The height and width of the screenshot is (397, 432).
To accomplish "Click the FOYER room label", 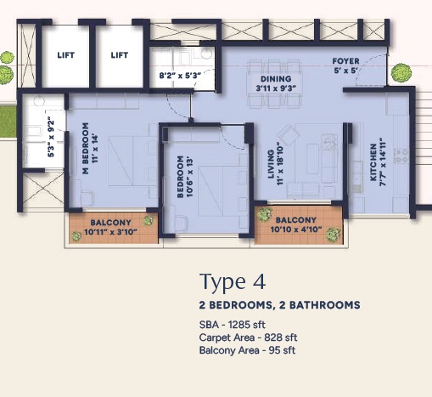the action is (345, 61).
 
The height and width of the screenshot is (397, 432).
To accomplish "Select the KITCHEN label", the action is (373, 162).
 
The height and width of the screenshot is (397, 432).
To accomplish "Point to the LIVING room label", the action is (271, 164).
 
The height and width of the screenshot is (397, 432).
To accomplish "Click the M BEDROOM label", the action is (85, 148).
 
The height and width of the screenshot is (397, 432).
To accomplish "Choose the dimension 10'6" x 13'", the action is (189, 176).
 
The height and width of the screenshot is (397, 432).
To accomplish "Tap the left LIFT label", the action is (66, 55).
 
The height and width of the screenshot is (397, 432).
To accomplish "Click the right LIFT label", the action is (120, 55).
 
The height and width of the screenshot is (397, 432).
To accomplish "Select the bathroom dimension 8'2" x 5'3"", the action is (180, 76).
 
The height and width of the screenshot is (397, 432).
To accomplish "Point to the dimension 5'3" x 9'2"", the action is (51, 137).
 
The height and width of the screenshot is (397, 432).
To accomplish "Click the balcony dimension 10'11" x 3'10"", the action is (110, 232).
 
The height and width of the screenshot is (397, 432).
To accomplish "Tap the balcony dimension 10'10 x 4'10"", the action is (296, 230).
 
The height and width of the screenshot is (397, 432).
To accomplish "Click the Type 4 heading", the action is (233, 281).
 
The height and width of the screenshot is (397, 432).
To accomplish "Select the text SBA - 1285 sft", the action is (233, 325).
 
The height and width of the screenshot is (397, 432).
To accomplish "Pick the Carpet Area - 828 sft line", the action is (248, 337).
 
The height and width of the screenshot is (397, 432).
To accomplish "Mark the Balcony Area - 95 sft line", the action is (247, 350).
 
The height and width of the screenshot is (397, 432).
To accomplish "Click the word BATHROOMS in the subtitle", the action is (325, 305).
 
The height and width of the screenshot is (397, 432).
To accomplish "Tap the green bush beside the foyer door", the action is (401, 73).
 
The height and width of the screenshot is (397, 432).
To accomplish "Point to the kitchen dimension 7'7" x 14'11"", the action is (382, 162).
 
